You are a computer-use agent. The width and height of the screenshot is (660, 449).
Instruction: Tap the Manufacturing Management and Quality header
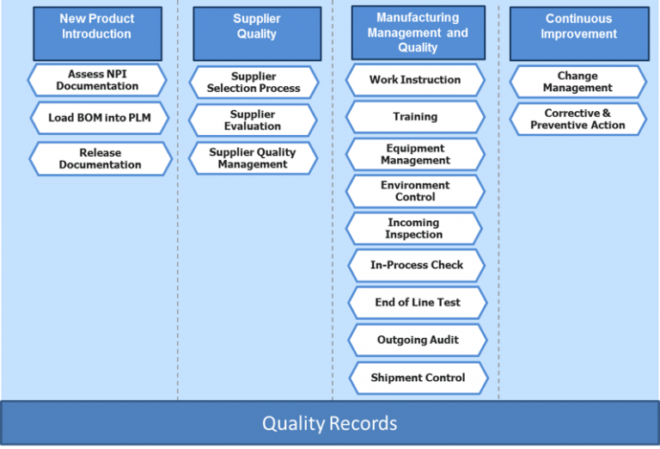418,33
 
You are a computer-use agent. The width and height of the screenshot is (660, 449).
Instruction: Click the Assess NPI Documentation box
98,81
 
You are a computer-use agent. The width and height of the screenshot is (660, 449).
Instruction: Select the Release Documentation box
100,159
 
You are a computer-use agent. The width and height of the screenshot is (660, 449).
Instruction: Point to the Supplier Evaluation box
253,120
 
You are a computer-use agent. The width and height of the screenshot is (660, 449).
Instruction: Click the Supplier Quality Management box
253,158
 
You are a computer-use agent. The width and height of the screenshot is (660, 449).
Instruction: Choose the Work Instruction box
415,80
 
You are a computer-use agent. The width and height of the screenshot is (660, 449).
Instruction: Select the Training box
415,117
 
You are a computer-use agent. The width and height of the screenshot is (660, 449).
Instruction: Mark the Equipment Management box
415,155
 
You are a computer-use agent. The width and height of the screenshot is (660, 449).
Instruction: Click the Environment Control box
415,191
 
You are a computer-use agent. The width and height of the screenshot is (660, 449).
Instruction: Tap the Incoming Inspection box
414,229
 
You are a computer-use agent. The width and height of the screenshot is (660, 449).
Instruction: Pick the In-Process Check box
417,265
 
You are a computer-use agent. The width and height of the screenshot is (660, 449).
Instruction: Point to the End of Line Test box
418,303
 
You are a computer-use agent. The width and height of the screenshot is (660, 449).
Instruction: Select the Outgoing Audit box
418,340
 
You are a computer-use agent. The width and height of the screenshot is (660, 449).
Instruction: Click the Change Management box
577,82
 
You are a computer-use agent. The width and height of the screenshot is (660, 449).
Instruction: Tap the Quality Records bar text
330,423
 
